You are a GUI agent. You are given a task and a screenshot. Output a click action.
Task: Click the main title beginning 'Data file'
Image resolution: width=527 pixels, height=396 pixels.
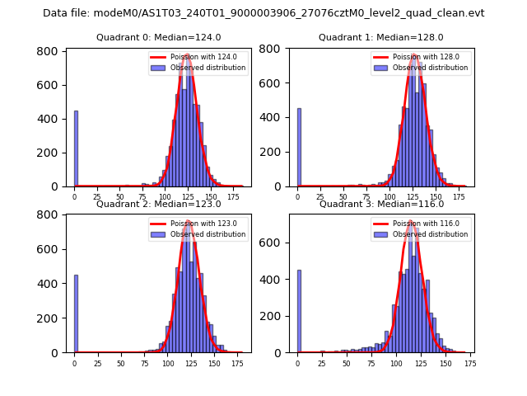click(x=263, y=13)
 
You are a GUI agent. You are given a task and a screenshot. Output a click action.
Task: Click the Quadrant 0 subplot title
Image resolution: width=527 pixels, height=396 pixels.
click(x=158, y=37)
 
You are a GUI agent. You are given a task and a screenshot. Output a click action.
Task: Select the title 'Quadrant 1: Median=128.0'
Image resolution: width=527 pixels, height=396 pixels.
click(x=380, y=37)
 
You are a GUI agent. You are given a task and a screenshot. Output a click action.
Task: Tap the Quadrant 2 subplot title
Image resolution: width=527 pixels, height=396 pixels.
click(x=158, y=204)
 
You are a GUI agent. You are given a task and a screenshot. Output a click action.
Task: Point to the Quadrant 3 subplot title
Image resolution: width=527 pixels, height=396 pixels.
click(x=380, y=204)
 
